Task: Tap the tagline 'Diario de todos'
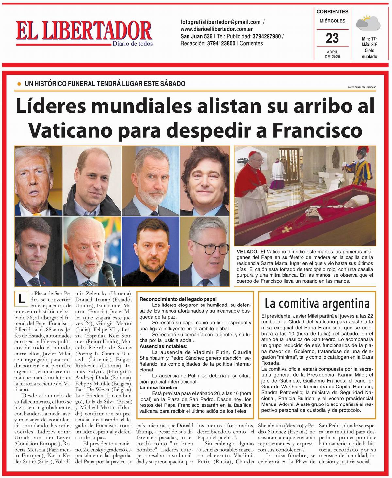[x=132, y=44]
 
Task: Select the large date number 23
[x=332, y=38]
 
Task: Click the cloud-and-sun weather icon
[x=368, y=23]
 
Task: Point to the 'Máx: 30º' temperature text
[x=369, y=44]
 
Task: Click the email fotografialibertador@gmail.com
[x=220, y=22]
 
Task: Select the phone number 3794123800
[x=221, y=43]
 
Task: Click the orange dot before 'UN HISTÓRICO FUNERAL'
[x=19, y=84]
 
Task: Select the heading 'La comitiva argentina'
[x=317, y=304]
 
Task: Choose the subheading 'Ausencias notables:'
[x=163, y=346]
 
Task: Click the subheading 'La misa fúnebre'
[x=158, y=387]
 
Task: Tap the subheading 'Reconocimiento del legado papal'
[x=178, y=299]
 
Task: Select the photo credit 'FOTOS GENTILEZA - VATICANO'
[x=362, y=87]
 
